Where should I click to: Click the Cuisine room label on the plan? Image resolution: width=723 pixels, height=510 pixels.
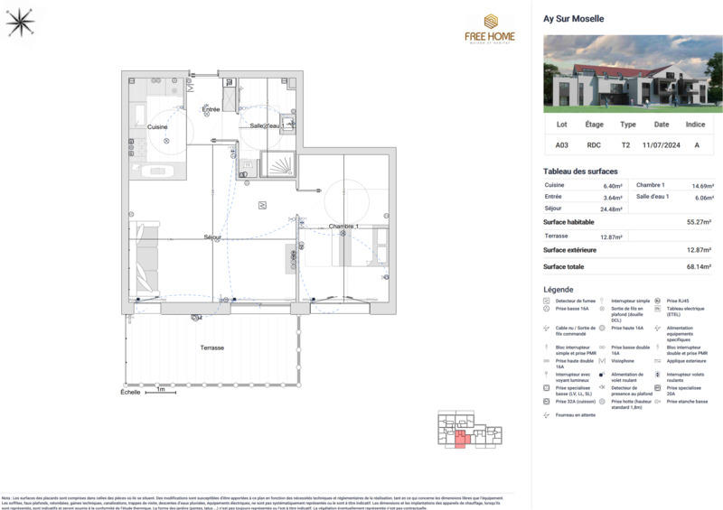158,127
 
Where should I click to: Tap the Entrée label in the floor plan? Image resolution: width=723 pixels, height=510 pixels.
211,109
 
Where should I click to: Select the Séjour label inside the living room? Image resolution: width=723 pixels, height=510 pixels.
212,237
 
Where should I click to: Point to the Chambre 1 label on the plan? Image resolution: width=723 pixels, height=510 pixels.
343,226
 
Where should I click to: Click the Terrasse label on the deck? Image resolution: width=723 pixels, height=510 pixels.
211,348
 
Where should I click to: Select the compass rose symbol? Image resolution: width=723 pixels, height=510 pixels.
19,23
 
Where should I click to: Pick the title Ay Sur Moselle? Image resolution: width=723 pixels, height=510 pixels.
574,18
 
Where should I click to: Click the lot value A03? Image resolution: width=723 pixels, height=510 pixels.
562,144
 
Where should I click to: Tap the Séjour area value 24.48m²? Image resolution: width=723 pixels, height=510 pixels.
613,209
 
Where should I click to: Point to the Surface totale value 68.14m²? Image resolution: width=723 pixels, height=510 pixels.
697,267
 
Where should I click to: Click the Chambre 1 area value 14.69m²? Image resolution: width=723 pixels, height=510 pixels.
702,185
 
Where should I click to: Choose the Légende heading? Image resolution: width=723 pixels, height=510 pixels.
558,290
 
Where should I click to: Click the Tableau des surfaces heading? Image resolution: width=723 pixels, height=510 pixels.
580,172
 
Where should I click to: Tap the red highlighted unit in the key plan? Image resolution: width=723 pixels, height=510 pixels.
460,440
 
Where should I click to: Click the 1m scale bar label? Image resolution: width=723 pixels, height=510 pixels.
160,391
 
